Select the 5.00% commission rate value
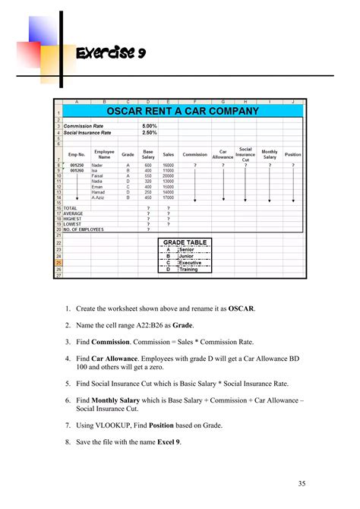[x=149, y=125]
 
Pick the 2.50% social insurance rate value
[x=149, y=132]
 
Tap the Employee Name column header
[x=104, y=153]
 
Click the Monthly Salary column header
[x=270, y=153]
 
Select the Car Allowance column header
[x=223, y=153]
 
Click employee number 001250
[x=76, y=165]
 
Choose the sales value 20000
[x=169, y=176]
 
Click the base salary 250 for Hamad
[x=148, y=194]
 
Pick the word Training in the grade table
[x=188, y=269]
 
